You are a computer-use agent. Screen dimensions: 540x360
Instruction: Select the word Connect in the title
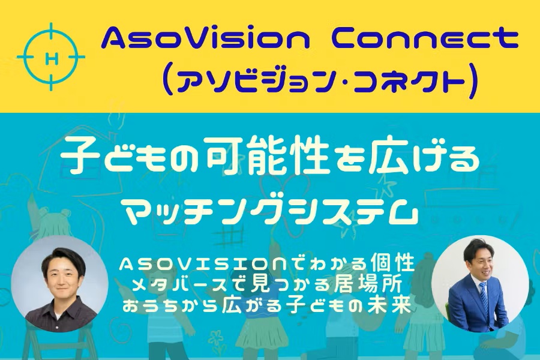[425, 38]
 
